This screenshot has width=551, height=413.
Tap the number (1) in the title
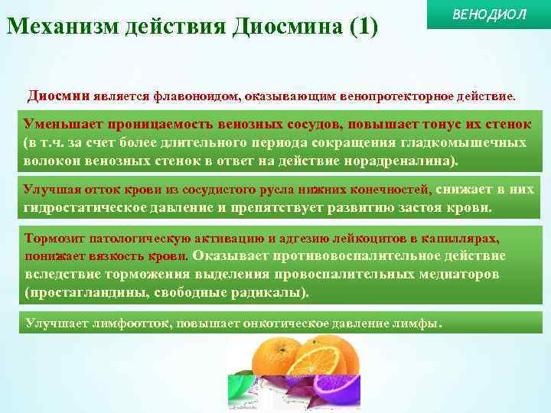(363, 27)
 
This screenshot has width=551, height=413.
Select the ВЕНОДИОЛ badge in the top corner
(490, 16)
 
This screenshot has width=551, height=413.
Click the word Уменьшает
(58, 124)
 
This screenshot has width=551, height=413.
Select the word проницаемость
(148, 124)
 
